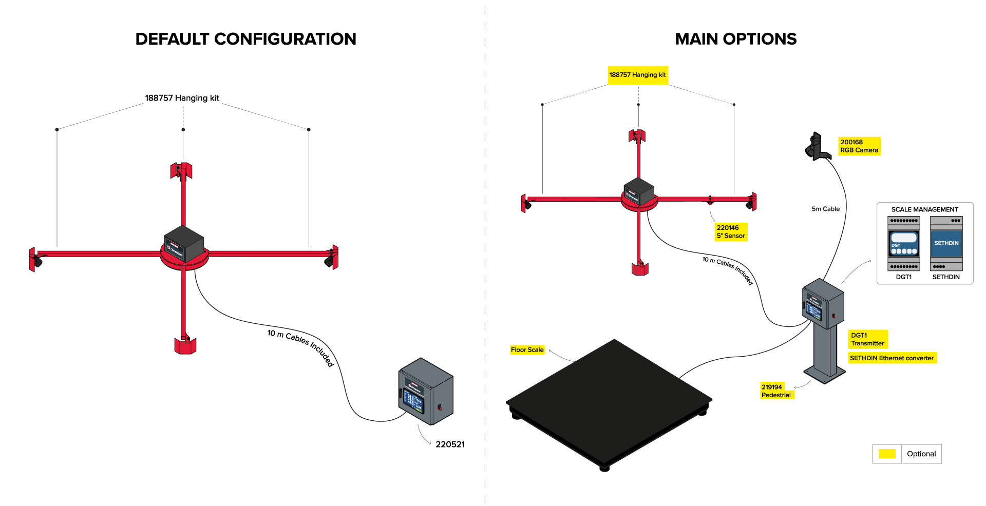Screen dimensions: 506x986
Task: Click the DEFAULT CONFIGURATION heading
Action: (x=245, y=39)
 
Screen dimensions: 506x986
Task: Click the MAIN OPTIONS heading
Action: (x=735, y=39)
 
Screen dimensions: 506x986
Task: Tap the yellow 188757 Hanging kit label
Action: (x=637, y=75)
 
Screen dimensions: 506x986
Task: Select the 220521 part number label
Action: (x=450, y=444)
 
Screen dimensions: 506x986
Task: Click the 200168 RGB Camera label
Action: (x=859, y=146)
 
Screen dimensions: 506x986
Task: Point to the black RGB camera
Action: (x=817, y=147)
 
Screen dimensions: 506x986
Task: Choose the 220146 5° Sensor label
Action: (x=731, y=232)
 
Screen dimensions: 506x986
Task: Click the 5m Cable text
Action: (x=825, y=209)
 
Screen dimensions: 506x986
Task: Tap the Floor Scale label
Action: (x=527, y=350)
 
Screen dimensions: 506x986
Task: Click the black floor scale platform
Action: (x=609, y=400)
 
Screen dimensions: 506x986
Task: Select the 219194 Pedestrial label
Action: (x=776, y=391)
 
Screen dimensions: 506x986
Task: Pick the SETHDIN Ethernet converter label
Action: (x=892, y=358)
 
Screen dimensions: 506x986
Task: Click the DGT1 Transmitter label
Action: (x=867, y=339)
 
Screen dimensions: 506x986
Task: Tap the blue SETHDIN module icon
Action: (x=946, y=243)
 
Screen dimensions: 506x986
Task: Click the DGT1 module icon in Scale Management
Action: (x=904, y=243)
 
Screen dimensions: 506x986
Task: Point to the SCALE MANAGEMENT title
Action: (x=924, y=209)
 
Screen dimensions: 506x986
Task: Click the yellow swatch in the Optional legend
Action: (x=887, y=454)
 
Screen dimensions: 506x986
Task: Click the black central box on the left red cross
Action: (x=184, y=243)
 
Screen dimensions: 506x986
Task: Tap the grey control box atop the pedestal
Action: (x=823, y=304)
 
